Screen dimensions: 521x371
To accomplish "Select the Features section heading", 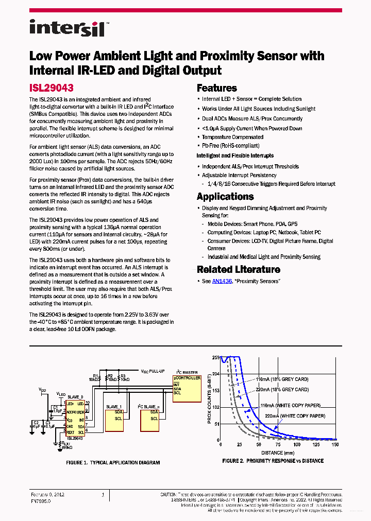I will click(216, 88).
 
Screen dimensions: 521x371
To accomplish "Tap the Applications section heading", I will click(225, 197).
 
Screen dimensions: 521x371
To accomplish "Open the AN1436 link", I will click(222, 281).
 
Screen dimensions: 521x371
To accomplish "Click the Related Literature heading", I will click(238, 269).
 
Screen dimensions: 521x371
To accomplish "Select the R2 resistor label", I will click(110, 376).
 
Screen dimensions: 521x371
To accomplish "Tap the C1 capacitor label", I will click(55, 408).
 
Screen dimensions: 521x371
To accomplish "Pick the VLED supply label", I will click(61, 394).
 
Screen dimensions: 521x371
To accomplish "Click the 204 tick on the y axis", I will click(215, 374).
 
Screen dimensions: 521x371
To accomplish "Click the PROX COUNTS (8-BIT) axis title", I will click(209, 399).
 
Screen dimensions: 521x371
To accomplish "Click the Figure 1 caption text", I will click(113, 462).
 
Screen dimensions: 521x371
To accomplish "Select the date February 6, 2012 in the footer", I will click(47, 494).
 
